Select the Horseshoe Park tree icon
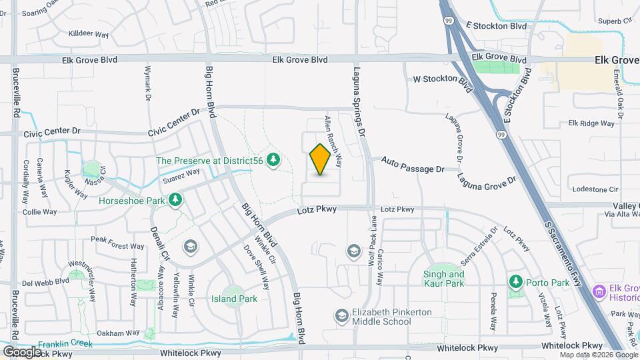pyautogui.click(x=175, y=199)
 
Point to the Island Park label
pyautogui.click(x=234, y=299)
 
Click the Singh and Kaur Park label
pyautogui.click(x=443, y=279)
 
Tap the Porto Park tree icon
pyautogui.click(x=515, y=283)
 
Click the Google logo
pyautogui.click(x=22, y=351)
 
